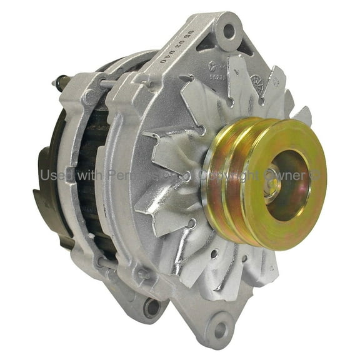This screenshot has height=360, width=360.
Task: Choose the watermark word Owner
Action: pyautogui.click(x=291, y=176)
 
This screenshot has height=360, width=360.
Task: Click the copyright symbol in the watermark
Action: pyautogui.click(x=317, y=176)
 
